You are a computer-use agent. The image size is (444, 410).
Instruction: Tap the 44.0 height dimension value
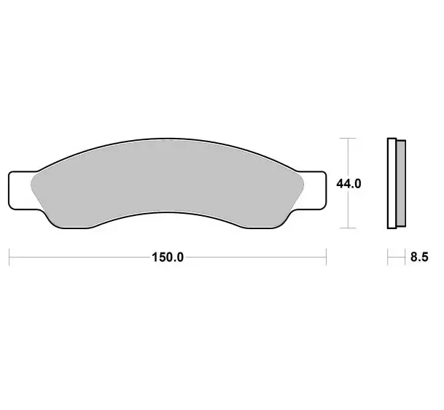point(349,184)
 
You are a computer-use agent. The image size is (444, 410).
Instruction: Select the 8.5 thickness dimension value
point(419,257)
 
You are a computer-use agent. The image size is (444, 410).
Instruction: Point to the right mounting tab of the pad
point(312,189)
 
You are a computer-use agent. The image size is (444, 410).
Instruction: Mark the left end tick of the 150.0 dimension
point(9,257)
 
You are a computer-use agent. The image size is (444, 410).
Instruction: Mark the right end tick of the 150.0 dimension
point(325,257)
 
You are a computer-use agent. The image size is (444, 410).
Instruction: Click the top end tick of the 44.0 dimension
point(349,137)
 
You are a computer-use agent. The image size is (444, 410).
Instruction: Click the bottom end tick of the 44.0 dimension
point(349,228)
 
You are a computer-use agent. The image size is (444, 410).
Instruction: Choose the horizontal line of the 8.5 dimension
point(396,257)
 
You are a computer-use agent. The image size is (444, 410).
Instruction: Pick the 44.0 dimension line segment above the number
point(349,157)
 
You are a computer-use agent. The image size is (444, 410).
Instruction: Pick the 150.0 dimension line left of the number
point(80,257)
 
